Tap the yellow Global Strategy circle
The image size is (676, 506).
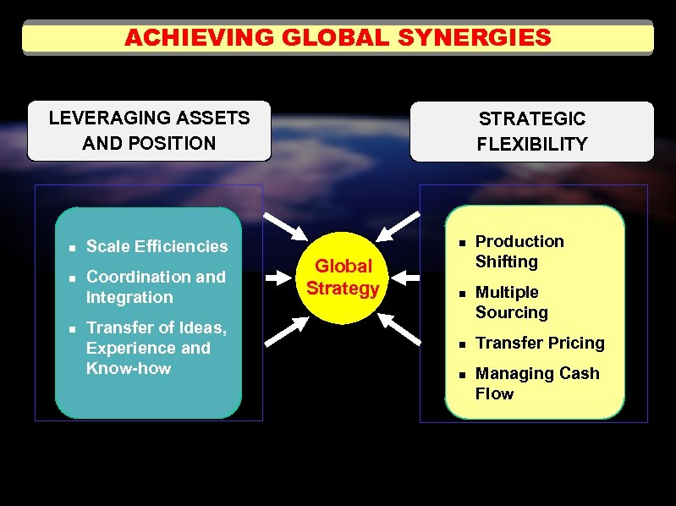click(x=343, y=278)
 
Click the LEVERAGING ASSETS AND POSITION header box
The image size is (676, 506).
click(x=149, y=130)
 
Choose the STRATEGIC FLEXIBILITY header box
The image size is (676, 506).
click(x=531, y=131)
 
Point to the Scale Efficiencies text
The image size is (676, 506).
click(x=157, y=246)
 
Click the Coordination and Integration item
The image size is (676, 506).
click(x=156, y=287)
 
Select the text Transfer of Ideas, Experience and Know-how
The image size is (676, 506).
click(x=156, y=348)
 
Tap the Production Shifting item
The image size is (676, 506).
click(x=519, y=251)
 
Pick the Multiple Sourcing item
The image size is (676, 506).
click(x=511, y=302)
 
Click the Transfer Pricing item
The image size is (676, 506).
click(x=540, y=343)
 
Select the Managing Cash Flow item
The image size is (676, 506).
click(x=536, y=383)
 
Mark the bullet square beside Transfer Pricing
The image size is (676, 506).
click(x=462, y=344)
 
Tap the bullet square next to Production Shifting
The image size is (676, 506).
click(x=462, y=242)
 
